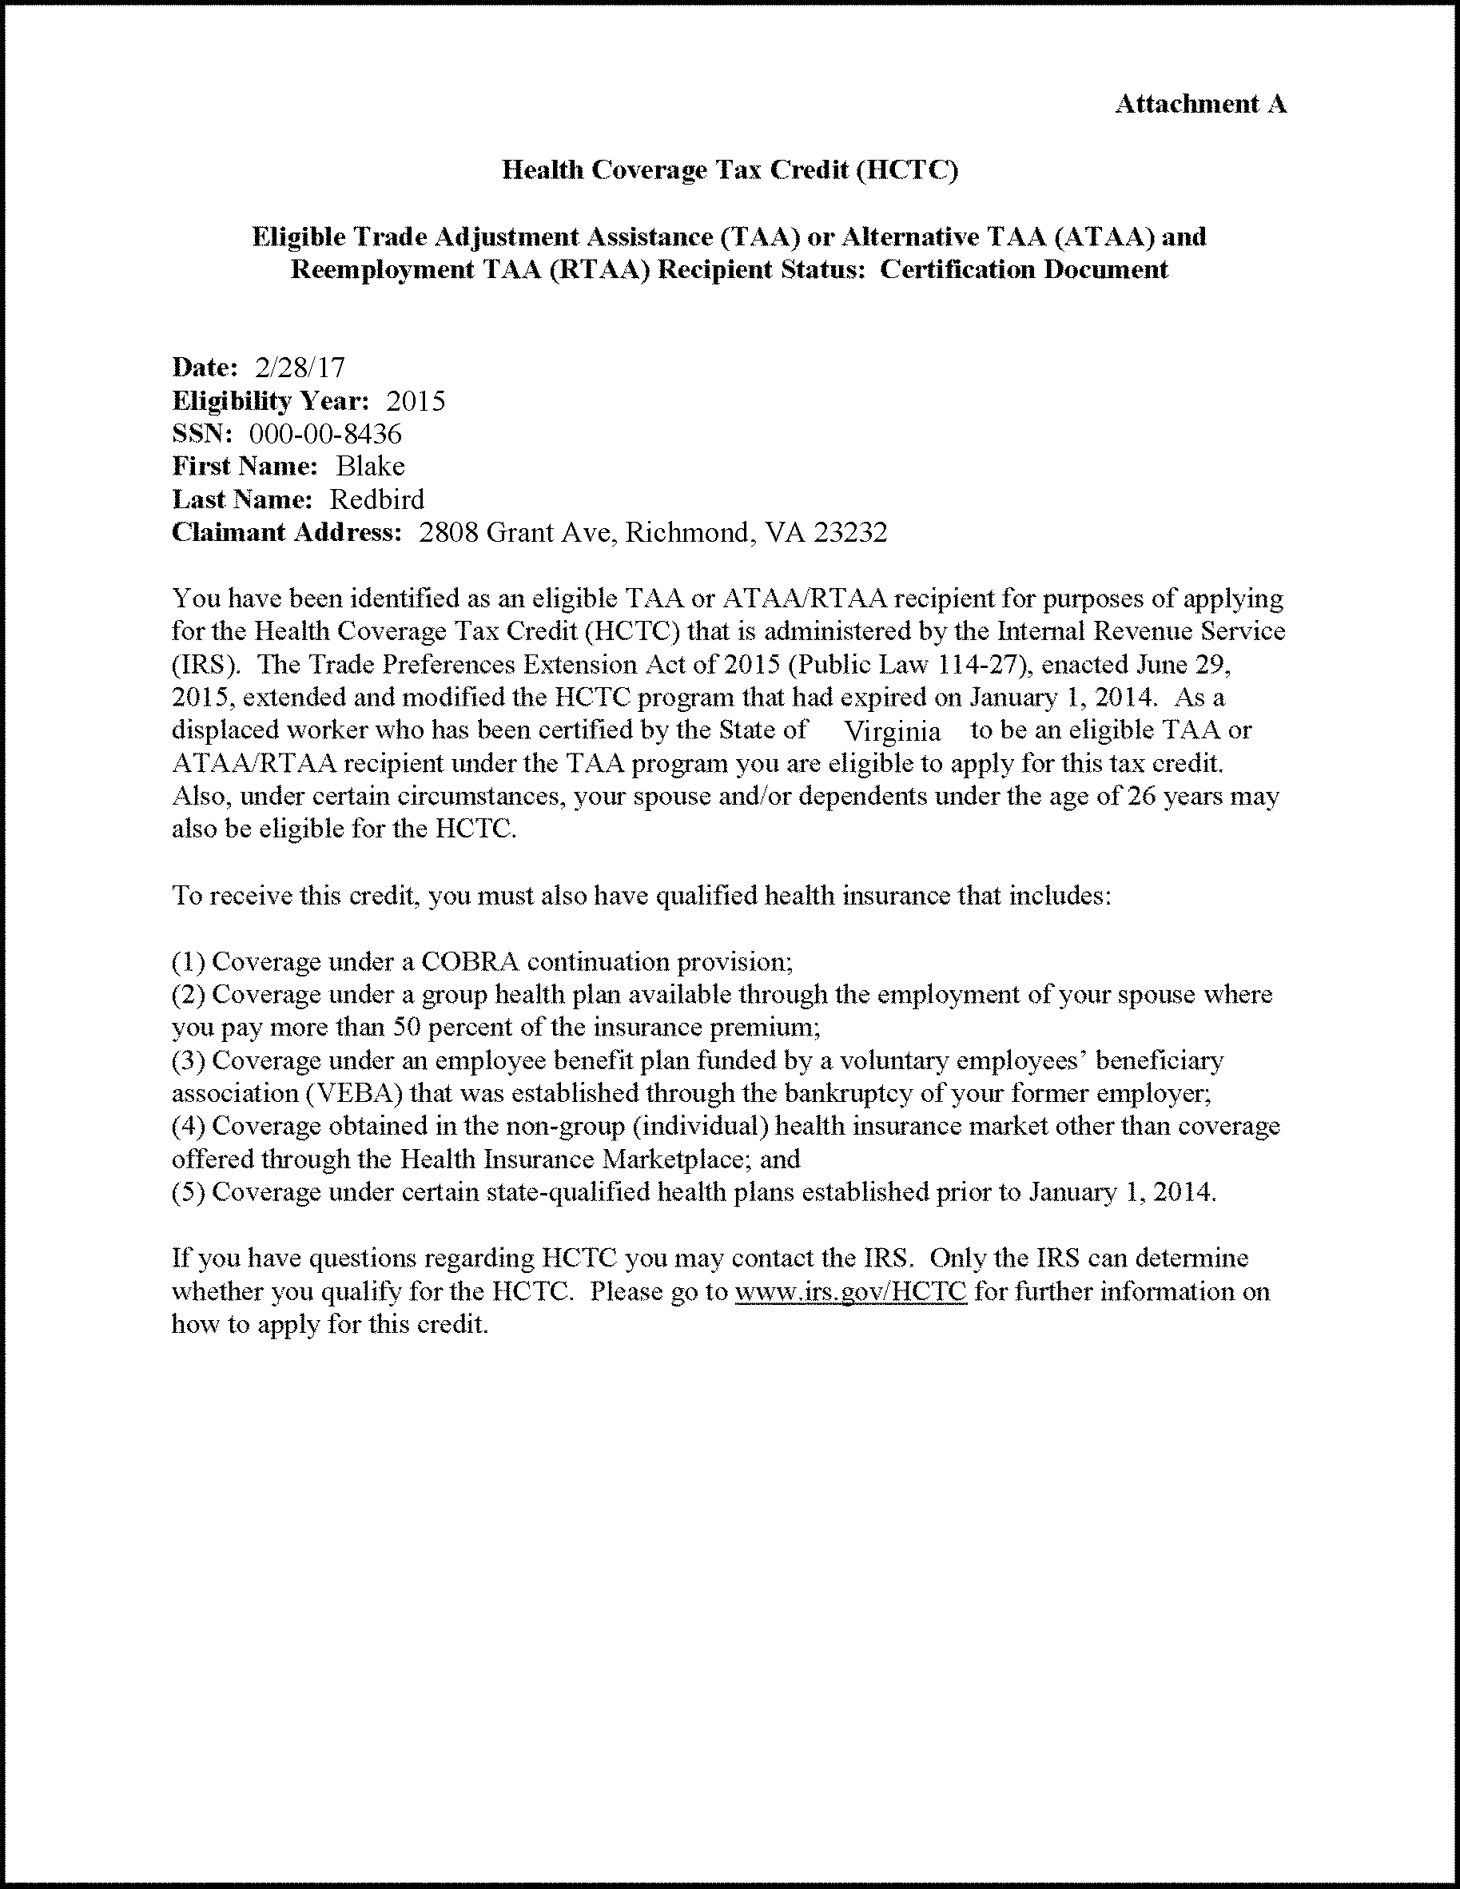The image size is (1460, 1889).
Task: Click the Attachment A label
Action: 1200,105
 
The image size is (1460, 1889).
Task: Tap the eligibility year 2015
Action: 416,400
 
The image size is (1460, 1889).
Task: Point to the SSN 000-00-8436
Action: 325,433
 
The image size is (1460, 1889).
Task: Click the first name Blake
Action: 370,466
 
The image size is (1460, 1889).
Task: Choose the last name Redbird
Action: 377,499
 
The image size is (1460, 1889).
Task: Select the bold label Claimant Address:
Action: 287,532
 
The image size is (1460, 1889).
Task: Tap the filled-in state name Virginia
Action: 892,732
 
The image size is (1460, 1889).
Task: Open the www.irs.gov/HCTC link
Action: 850,1291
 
